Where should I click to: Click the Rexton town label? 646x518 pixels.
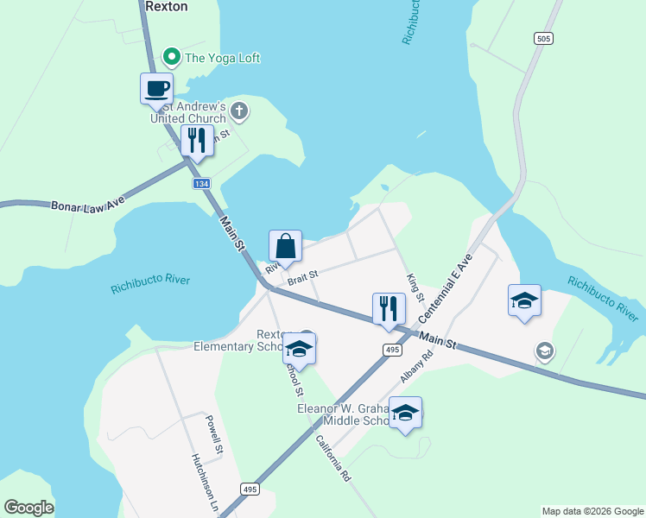click(168, 6)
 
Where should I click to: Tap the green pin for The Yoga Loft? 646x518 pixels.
click(171, 58)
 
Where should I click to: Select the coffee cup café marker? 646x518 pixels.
click(157, 89)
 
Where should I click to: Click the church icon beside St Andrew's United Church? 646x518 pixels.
click(239, 111)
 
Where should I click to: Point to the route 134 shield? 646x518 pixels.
click(201, 185)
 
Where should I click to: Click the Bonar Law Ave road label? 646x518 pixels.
click(76, 206)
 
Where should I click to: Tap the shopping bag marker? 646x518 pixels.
click(285, 247)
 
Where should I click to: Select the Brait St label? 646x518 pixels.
click(303, 276)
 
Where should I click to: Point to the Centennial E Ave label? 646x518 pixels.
click(448, 287)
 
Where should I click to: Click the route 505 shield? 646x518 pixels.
click(542, 39)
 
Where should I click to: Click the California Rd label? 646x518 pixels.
click(333, 458)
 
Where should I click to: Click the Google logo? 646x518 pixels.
click(28, 508)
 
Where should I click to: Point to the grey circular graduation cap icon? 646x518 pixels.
click(544, 351)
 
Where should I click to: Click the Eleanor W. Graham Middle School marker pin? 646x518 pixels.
click(405, 413)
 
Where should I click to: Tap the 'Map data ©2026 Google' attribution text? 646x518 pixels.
click(592, 511)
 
